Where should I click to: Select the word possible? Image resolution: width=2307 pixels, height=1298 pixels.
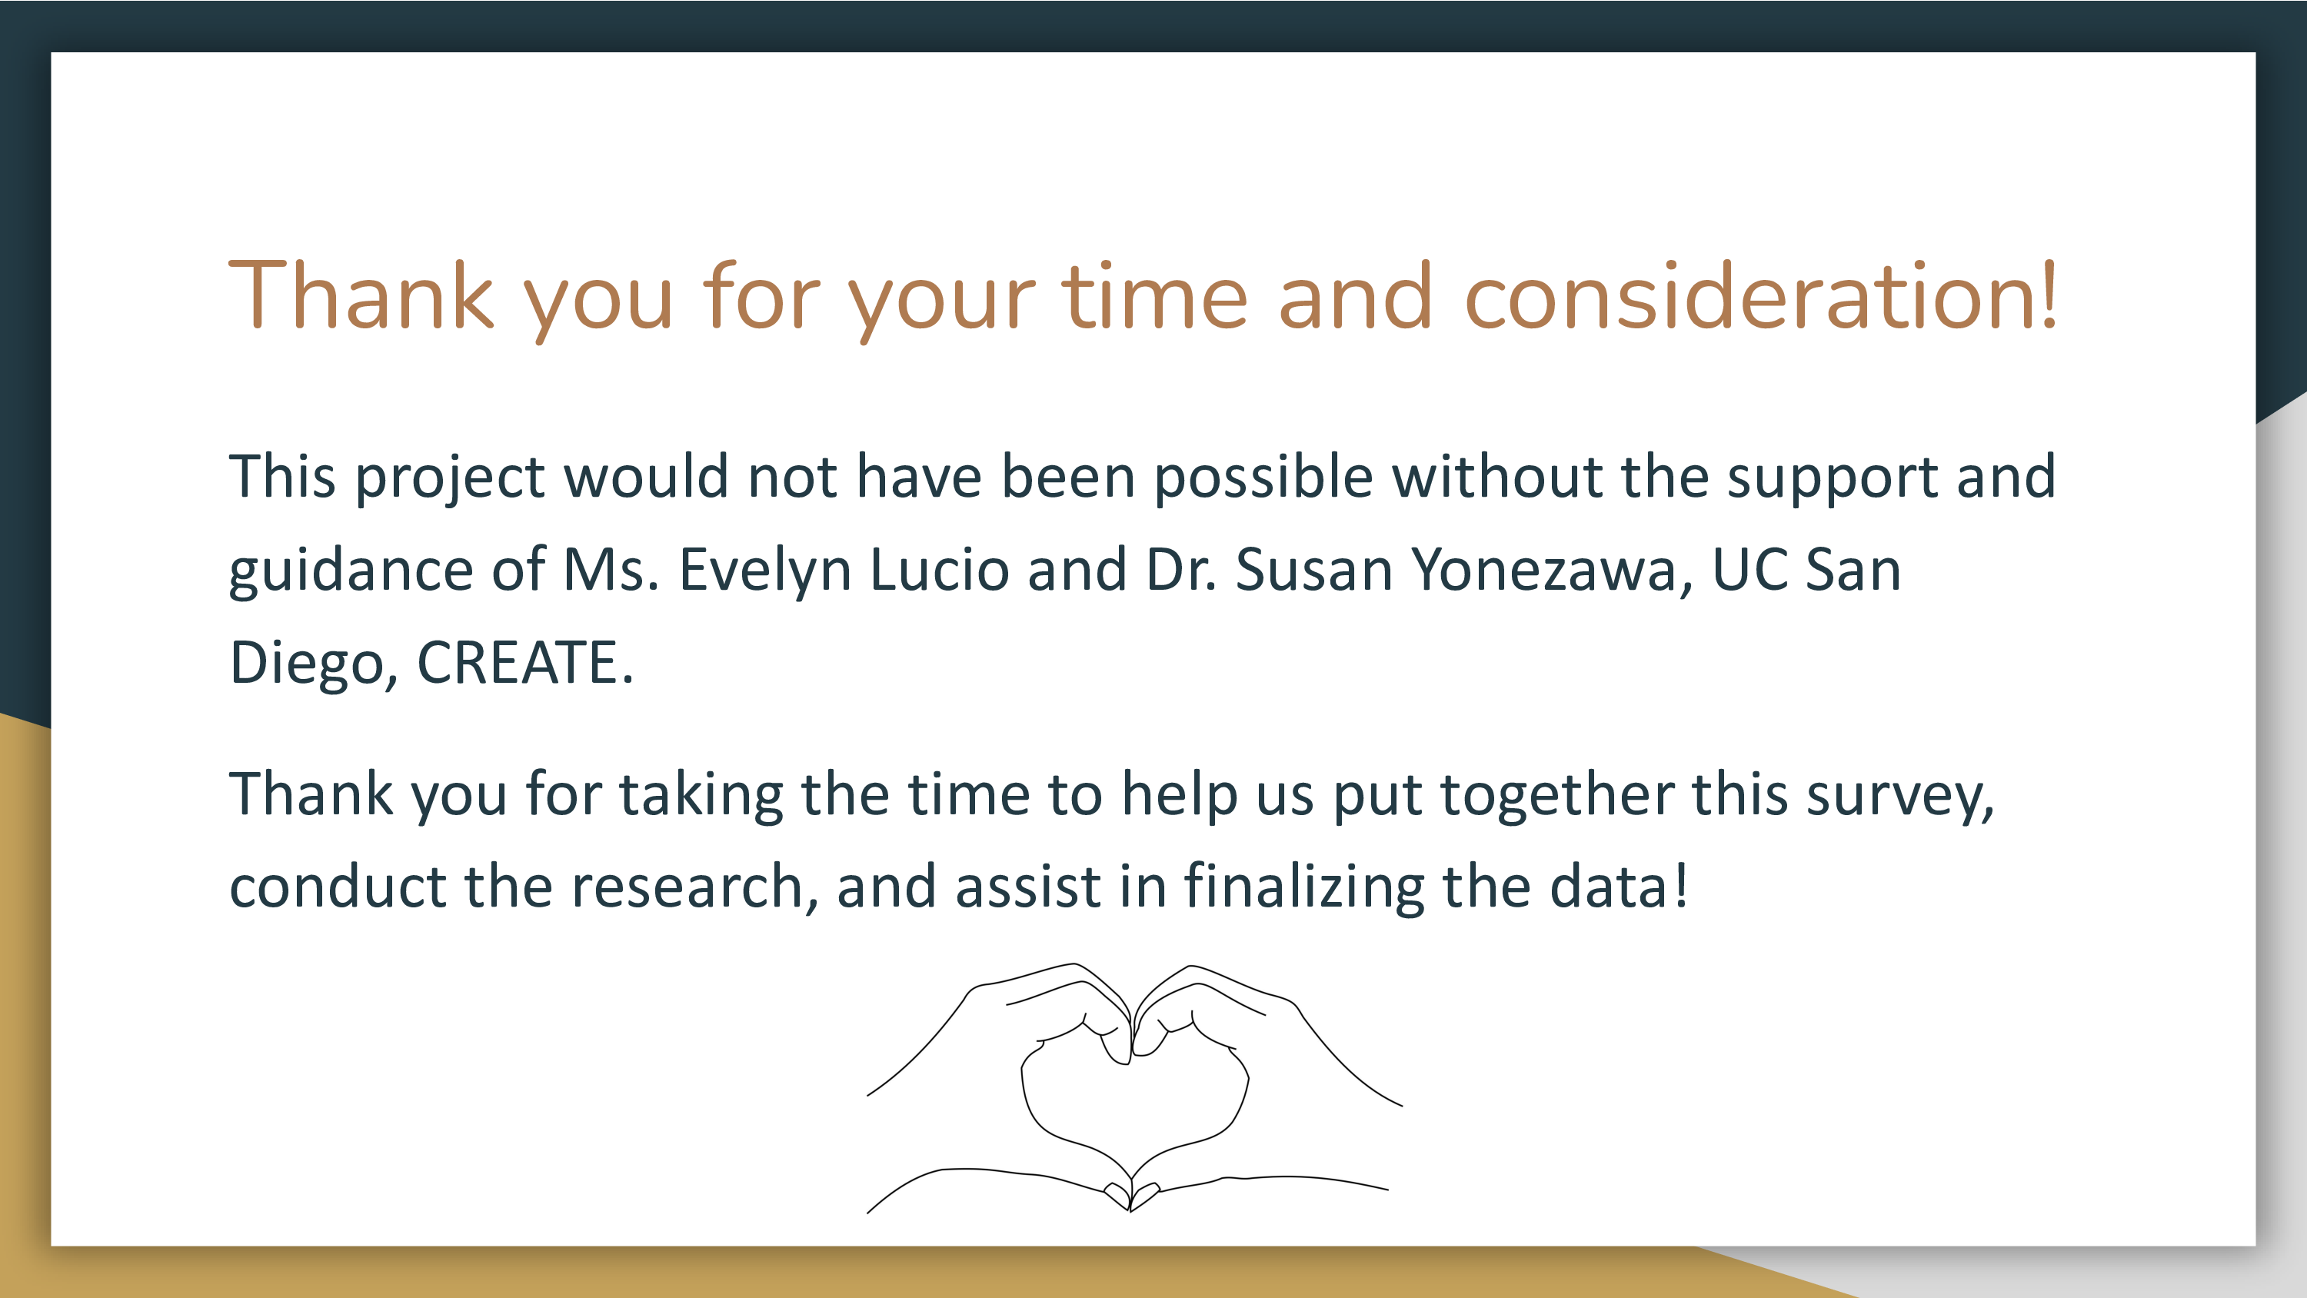[x=1263, y=477]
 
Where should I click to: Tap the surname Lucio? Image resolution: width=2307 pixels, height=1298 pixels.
[x=940, y=570]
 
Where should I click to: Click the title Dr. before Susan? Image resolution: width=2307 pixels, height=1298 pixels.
[x=1181, y=570]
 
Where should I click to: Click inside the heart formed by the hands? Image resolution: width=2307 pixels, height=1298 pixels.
[x=1134, y=1107]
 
